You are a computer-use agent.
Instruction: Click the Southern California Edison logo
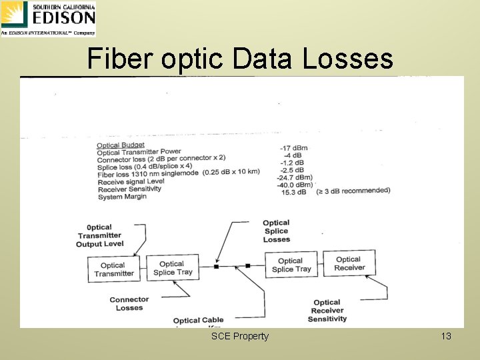coord(48,18)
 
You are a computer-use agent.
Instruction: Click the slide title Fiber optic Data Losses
coord(240,59)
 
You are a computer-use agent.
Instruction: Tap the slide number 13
coord(446,336)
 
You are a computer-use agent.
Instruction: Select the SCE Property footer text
coord(240,336)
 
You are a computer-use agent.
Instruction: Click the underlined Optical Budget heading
coord(120,145)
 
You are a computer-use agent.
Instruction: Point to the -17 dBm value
coord(295,147)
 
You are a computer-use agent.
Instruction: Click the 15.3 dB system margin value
coord(293,192)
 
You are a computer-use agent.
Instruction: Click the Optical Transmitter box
coord(113,269)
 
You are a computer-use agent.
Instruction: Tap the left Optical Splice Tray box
coord(173,267)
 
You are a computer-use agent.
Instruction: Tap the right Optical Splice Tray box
coord(291,265)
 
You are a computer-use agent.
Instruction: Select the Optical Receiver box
coord(349,263)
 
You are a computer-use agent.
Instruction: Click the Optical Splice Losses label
coord(276,231)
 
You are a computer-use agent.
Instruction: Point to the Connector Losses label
coord(129,303)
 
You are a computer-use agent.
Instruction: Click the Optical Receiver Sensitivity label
coord(327,311)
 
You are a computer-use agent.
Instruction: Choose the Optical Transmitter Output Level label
coord(99,235)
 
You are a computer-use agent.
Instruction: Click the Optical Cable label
coord(198,321)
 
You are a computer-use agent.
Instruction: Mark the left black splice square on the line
coord(216,267)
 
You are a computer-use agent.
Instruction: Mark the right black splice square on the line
coord(247,266)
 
